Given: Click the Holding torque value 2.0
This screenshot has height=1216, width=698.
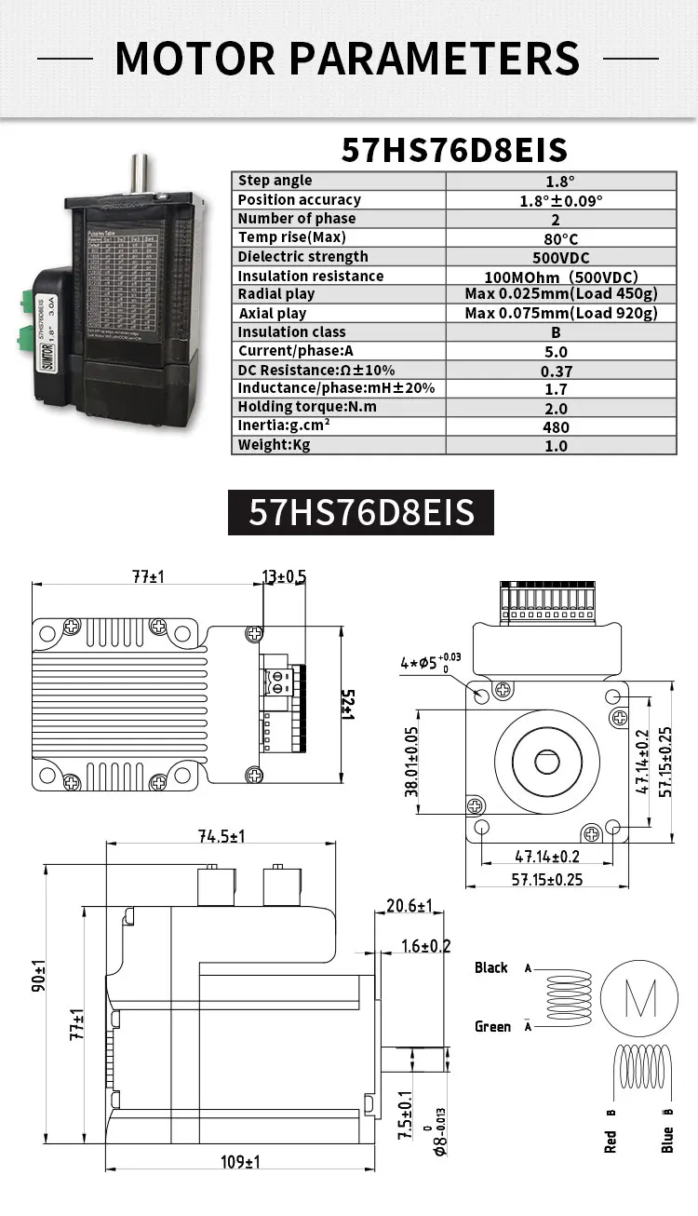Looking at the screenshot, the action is (x=557, y=408).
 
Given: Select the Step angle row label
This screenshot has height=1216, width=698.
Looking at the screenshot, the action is (x=275, y=181).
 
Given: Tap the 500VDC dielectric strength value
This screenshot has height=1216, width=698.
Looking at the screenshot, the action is (x=560, y=257).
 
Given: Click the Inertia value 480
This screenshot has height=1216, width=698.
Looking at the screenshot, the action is (x=557, y=427).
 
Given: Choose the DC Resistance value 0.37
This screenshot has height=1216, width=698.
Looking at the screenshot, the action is (x=557, y=371).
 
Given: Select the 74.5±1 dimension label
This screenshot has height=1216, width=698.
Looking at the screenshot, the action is (x=221, y=836).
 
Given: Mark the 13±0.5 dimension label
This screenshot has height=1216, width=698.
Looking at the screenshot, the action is (x=284, y=577).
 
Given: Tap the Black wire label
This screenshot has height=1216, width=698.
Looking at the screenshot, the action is (x=491, y=967).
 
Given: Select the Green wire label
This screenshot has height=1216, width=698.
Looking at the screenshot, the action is (x=493, y=1026).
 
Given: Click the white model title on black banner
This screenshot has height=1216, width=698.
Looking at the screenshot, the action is (x=362, y=512).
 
